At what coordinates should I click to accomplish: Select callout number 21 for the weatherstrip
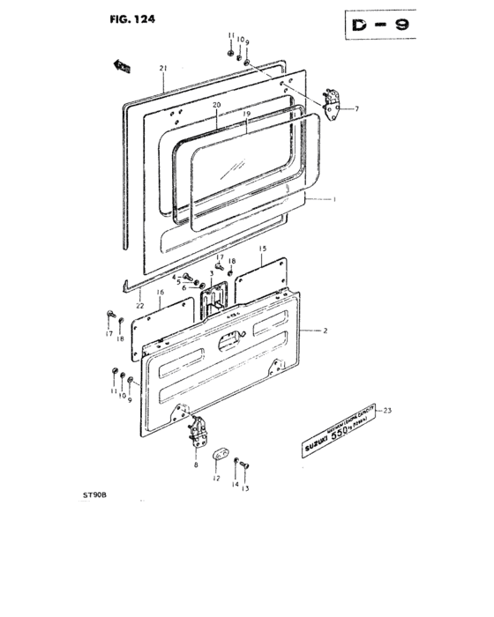[x=163, y=69]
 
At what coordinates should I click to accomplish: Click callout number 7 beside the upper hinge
[x=358, y=109]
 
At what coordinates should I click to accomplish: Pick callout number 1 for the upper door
[x=334, y=200]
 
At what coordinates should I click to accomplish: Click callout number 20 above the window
[x=214, y=105]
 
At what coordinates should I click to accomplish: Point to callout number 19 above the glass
[x=247, y=114]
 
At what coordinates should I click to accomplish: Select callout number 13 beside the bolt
[x=246, y=487]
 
